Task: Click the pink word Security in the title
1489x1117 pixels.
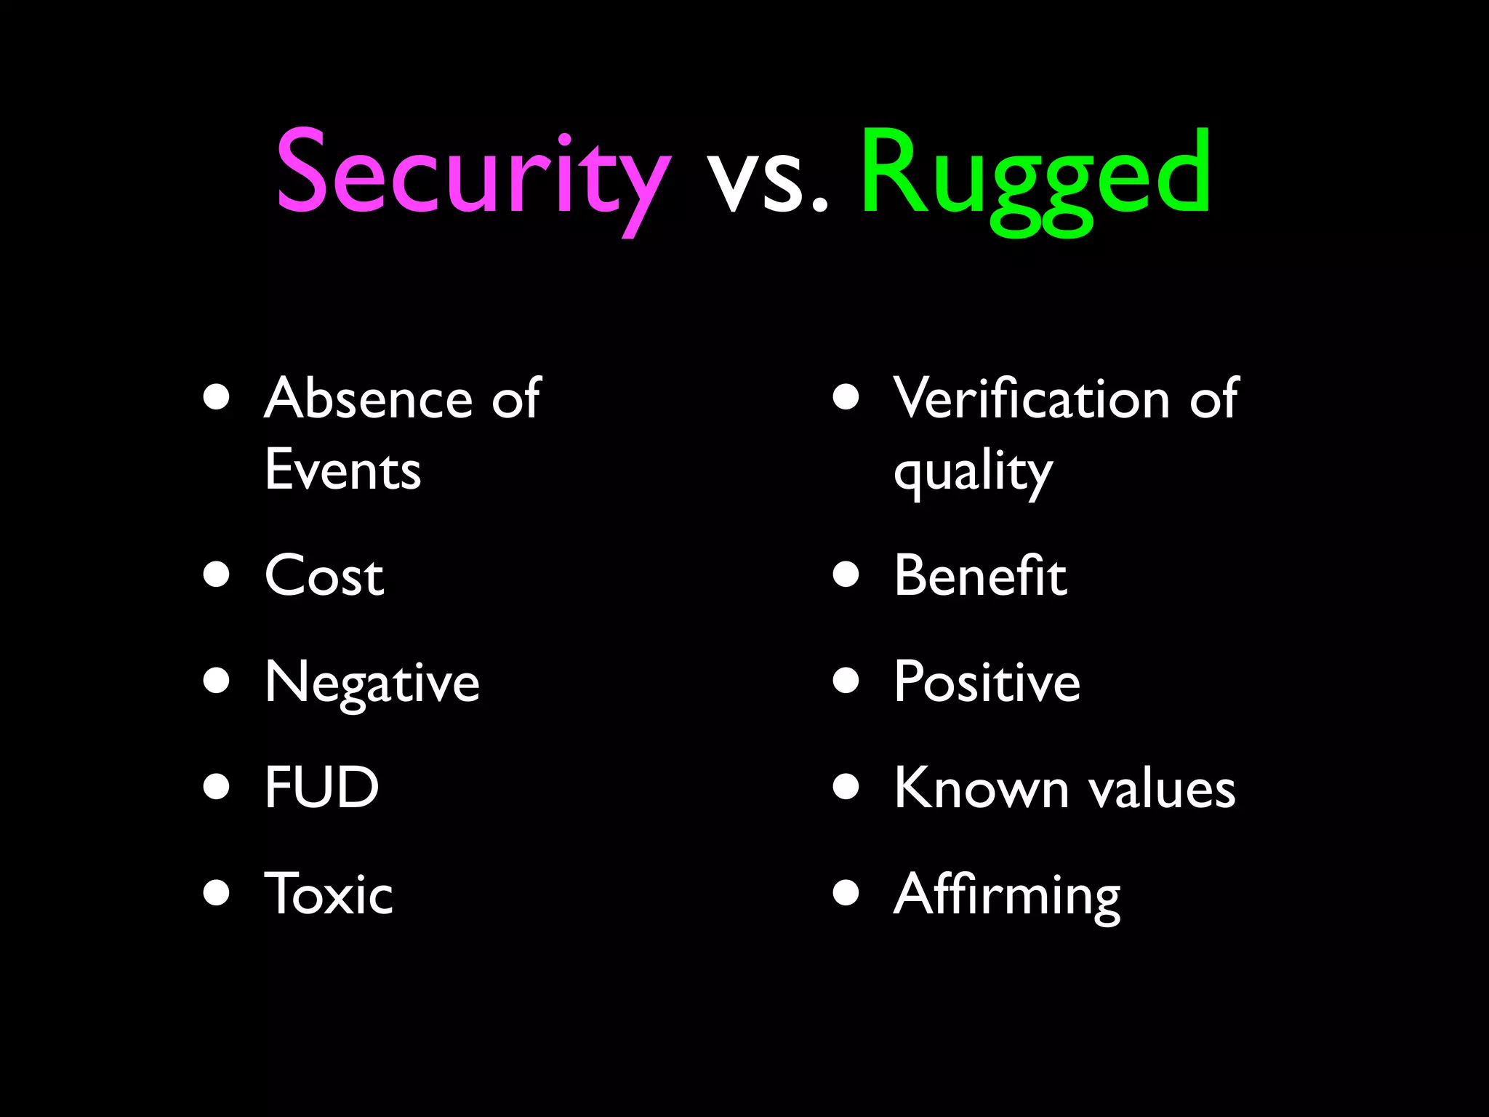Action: pos(473,175)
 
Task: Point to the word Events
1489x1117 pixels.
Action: pos(342,471)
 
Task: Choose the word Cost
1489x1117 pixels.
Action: pos(324,576)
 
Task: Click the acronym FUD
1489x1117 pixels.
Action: pos(321,788)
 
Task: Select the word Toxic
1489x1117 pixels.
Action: pos(328,894)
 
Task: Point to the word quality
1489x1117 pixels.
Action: pos(973,473)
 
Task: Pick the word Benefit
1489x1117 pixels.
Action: pos(980,576)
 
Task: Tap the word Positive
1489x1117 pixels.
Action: pos(987,682)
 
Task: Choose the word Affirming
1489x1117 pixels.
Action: pos(1007,896)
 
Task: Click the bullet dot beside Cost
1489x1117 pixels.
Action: pos(217,574)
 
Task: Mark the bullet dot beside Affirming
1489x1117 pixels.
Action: pos(846,892)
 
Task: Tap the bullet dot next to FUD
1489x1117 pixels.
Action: pos(217,786)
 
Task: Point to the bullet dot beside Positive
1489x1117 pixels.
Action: pos(846,681)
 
